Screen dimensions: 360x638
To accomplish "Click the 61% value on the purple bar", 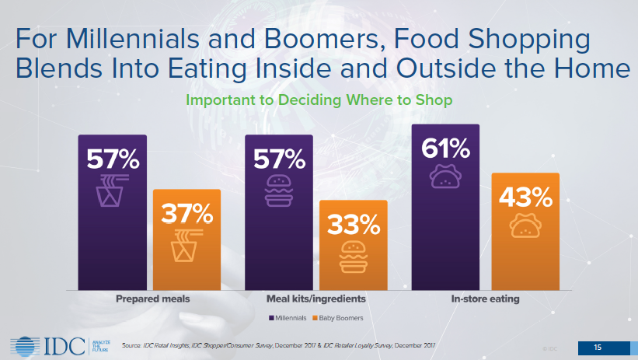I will pos(446,148).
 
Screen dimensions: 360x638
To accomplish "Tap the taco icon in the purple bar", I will pos(446,178).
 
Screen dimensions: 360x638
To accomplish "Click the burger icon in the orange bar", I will pos(353,257).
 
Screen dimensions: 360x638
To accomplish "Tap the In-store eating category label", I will pos(486,298).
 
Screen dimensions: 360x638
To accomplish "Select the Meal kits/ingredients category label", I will pos(317,298).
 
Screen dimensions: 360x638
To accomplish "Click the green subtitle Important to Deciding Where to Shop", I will pos(319,101).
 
